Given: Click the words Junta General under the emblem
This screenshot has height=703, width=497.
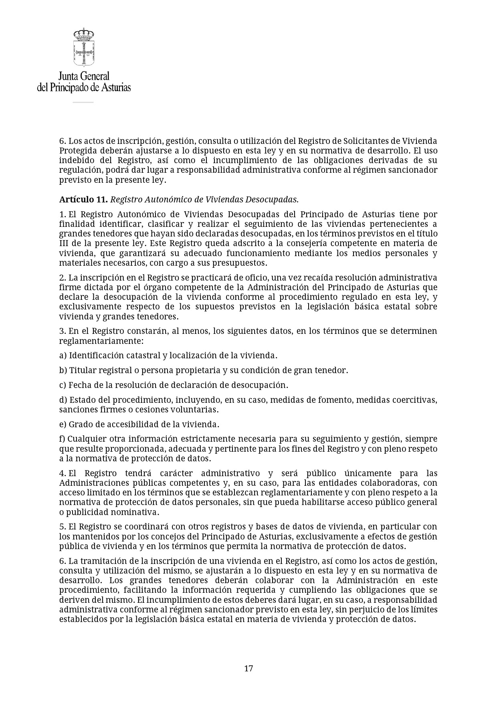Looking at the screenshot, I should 84,76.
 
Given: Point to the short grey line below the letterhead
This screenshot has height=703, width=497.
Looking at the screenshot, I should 83,103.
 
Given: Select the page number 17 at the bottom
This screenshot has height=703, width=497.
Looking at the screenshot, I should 248,669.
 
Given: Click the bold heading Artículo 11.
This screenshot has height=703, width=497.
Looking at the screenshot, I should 83,200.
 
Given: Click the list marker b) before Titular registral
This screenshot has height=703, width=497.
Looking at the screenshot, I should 63,370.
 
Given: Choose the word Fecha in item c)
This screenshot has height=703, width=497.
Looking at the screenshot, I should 79,385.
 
